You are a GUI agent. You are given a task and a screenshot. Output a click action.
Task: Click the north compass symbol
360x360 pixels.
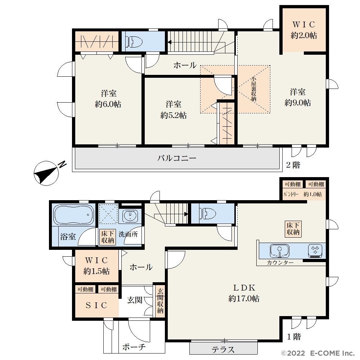tap(46, 173)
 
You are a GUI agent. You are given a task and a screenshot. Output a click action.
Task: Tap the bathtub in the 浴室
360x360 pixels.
tap(74, 215)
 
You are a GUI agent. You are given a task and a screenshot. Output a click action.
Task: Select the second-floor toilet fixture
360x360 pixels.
tap(134, 42)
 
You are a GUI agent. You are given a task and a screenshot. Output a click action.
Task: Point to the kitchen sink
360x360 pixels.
tap(279, 251)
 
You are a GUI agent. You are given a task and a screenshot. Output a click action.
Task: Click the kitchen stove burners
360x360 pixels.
tap(315, 251)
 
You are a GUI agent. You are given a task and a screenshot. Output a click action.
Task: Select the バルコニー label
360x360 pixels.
tap(176, 158)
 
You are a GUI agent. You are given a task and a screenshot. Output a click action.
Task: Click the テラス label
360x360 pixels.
tap(223, 350)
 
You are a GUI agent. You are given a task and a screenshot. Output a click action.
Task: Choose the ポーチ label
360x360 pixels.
tap(134, 347)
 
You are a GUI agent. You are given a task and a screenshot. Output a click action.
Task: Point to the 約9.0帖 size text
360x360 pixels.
tap(298, 103)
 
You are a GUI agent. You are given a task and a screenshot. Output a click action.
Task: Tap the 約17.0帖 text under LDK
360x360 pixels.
tap(244, 298)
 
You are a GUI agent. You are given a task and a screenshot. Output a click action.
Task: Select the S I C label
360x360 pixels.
tap(96, 305)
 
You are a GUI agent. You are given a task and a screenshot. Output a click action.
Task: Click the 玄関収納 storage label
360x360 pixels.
tap(160, 301)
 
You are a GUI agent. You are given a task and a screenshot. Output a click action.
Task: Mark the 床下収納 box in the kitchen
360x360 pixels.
tap(293, 229)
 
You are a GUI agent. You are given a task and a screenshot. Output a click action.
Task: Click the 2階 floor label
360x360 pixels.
tap(293, 165)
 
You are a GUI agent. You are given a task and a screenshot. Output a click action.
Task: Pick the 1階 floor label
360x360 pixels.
tap(294, 337)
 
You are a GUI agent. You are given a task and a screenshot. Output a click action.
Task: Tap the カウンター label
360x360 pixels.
tap(280, 263)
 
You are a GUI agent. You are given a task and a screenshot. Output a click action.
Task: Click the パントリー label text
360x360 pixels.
tap(291, 194)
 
